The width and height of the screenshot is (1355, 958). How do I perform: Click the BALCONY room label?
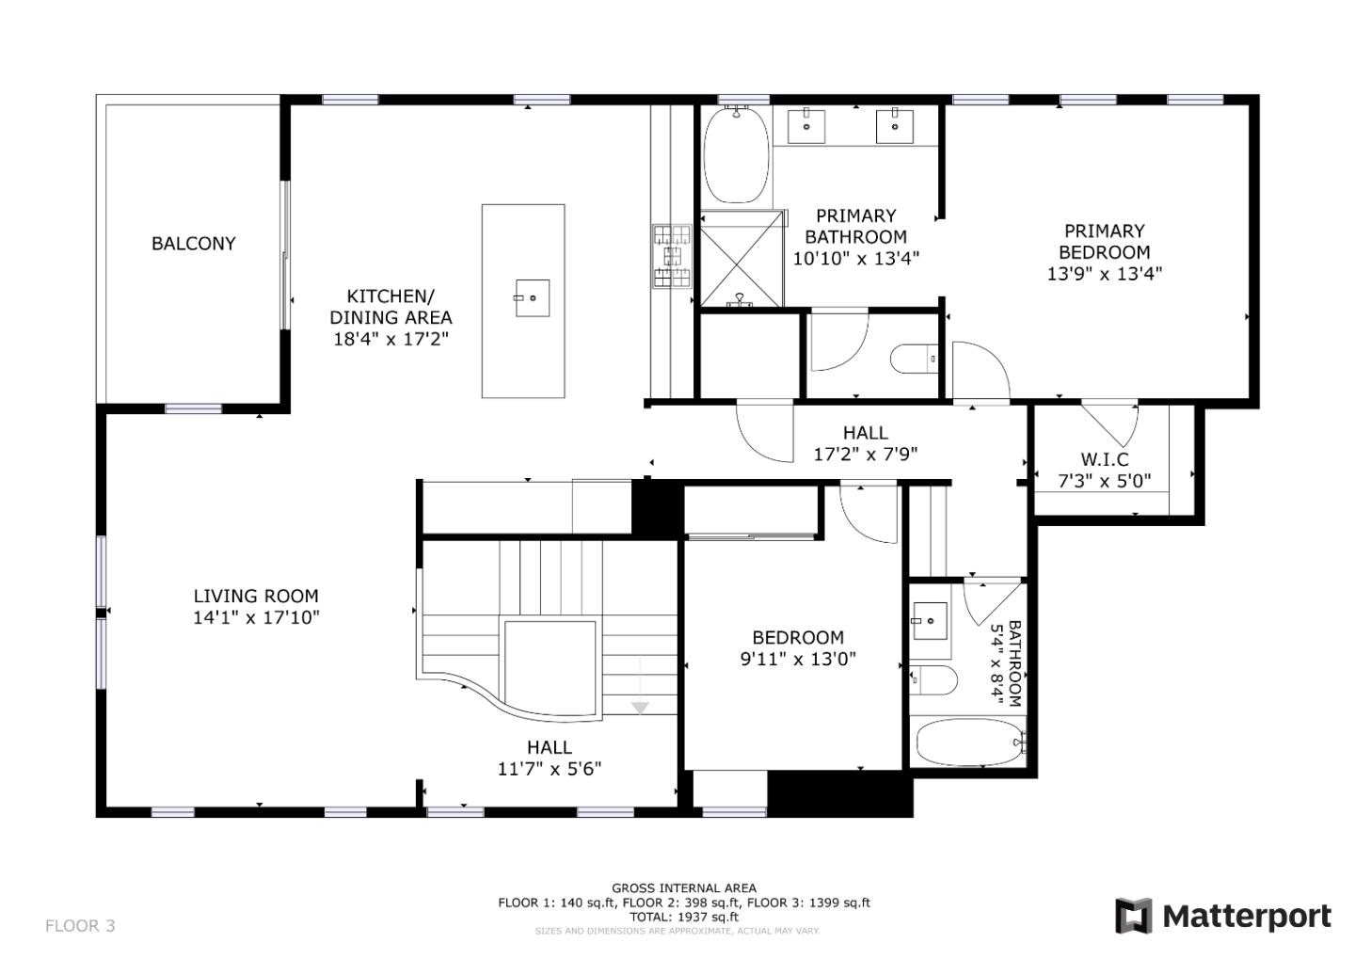[x=193, y=244]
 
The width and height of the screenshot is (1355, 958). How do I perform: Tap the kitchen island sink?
[x=533, y=298]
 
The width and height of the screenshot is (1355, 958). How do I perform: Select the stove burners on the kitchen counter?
[x=672, y=254]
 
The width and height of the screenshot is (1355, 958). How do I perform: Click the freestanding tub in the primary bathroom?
[x=736, y=155]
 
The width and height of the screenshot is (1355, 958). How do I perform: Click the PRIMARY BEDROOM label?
[x=1104, y=242]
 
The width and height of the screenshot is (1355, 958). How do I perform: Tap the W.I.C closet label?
[x=1104, y=459]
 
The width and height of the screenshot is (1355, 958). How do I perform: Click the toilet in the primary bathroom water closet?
[x=914, y=359]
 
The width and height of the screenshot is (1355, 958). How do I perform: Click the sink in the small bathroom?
[x=930, y=621]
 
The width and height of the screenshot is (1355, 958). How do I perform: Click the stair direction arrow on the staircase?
[x=640, y=707]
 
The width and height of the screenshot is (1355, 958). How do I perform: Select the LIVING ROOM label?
[x=256, y=596]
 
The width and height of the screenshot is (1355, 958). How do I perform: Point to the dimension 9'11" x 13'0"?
[x=798, y=659]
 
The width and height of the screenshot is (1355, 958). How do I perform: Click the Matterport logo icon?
[x=1133, y=916]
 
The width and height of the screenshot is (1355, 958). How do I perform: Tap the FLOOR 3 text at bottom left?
[x=80, y=926]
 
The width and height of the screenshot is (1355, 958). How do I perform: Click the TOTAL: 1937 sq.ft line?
[x=684, y=917]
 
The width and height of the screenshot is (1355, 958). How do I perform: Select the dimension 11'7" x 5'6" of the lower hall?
[x=549, y=769]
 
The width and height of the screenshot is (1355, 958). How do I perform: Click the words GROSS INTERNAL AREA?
[x=684, y=887]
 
